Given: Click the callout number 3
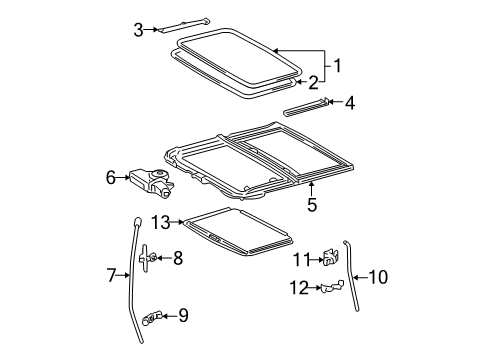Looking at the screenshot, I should coord(139,29).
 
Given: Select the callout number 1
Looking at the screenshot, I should coord(338,67).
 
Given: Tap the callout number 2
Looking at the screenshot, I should coord(312,82).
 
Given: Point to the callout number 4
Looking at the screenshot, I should coord(350,102).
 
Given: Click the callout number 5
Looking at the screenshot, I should coord(312,205).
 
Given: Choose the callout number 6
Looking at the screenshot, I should coord(110,177).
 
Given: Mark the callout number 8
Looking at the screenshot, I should coord(177,258).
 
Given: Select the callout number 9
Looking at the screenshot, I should coord(182,316).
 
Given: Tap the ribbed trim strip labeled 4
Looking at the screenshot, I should coord(305,108).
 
